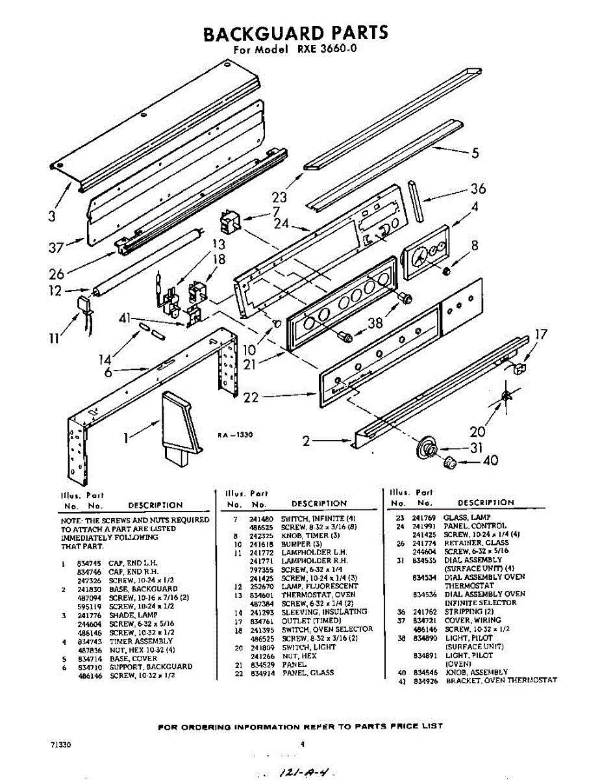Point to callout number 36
tap(478, 190)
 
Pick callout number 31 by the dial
tap(477, 448)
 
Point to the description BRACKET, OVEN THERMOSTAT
tap(501, 680)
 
